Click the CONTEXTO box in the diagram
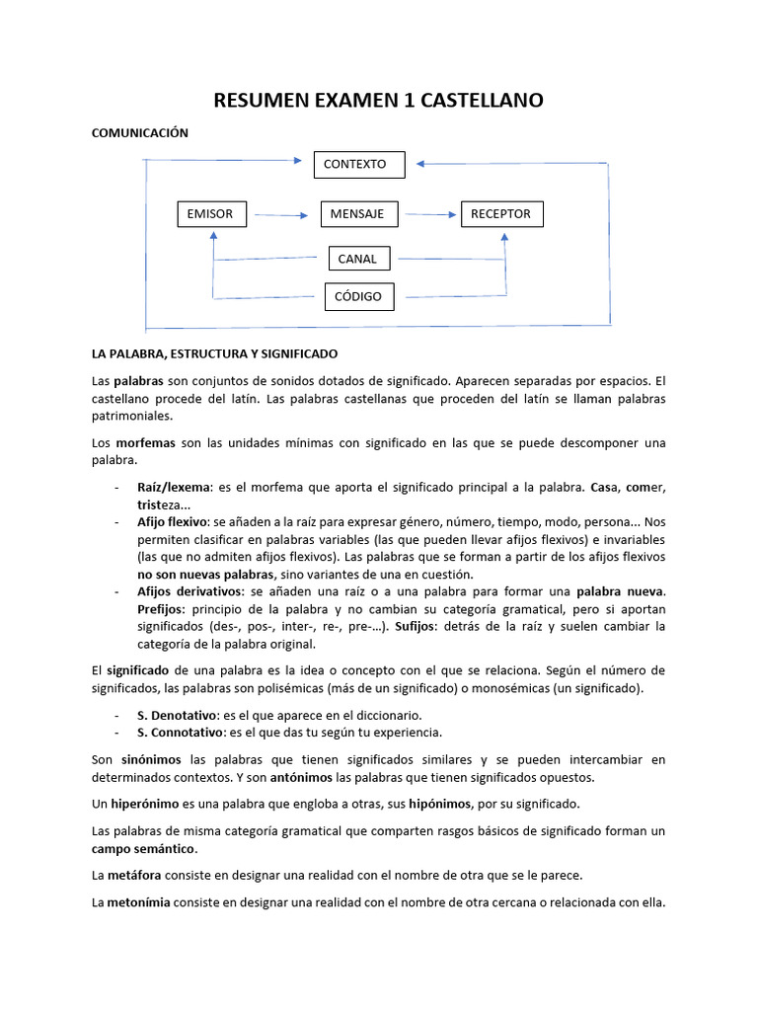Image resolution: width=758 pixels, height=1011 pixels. [x=359, y=164]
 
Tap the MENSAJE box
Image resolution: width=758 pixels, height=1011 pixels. [x=357, y=213]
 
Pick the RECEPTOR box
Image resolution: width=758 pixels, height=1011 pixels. [x=501, y=213]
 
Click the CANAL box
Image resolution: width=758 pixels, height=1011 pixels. [x=358, y=259]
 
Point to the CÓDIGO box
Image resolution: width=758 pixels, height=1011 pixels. [x=358, y=296]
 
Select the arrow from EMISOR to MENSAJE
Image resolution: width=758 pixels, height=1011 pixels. [x=282, y=214]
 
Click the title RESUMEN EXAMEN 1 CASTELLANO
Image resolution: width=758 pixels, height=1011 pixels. [x=379, y=101]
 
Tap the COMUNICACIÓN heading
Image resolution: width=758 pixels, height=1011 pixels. [x=139, y=132]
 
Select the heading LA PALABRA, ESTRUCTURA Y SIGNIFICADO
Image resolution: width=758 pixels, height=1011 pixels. [x=214, y=352]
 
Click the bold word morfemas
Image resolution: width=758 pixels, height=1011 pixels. [x=145, y=443]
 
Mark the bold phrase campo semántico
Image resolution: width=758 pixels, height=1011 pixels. [x=144, y=848]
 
